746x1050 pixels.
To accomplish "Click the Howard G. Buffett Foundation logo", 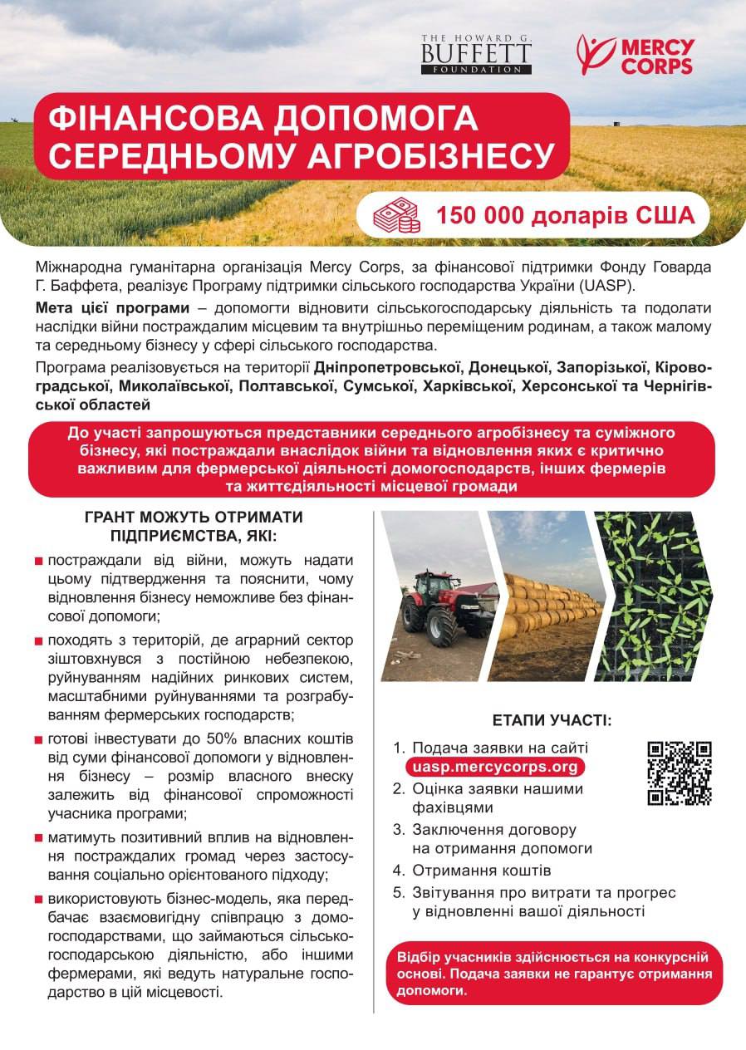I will tap(475, 55).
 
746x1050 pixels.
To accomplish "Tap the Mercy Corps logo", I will tap(635, 55).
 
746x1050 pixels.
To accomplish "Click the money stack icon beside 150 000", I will tap(396, 215).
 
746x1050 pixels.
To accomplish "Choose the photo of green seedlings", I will tap(656, 596).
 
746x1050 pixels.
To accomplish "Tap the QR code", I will tap(680, 773).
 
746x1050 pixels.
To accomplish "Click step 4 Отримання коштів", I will tap(482, 871).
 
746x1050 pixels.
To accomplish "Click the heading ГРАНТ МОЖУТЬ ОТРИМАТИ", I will tap(194, 517).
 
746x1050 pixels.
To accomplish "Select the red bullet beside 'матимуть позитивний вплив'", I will tap(39, 838).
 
